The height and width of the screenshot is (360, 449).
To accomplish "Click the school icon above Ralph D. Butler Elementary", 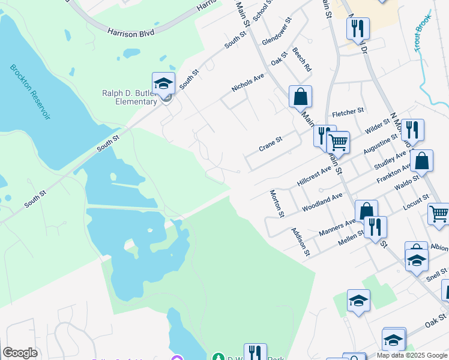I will [163, 83].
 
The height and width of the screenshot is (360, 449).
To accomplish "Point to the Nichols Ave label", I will [248, 83].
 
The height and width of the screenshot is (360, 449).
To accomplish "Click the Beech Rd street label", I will [302, 59].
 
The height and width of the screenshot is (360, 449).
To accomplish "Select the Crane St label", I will [270, 144].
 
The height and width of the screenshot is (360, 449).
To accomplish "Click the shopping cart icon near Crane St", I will [338, 143].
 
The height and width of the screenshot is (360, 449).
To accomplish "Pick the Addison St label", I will [300, 241].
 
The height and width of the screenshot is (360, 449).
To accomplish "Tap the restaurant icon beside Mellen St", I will [375, 226].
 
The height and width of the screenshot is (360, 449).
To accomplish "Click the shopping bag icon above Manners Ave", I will [366, 211].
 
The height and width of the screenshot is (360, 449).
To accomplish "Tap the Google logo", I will [20, 353].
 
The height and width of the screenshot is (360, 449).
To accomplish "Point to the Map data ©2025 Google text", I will [412, 355].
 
